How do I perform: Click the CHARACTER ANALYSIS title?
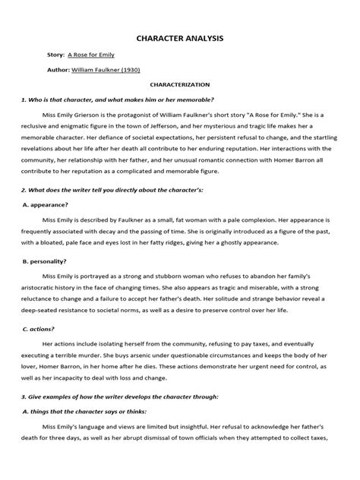[179, 36]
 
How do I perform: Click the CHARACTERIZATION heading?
[180, 87]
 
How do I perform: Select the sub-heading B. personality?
[46, 260]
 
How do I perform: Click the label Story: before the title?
[55, 55]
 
